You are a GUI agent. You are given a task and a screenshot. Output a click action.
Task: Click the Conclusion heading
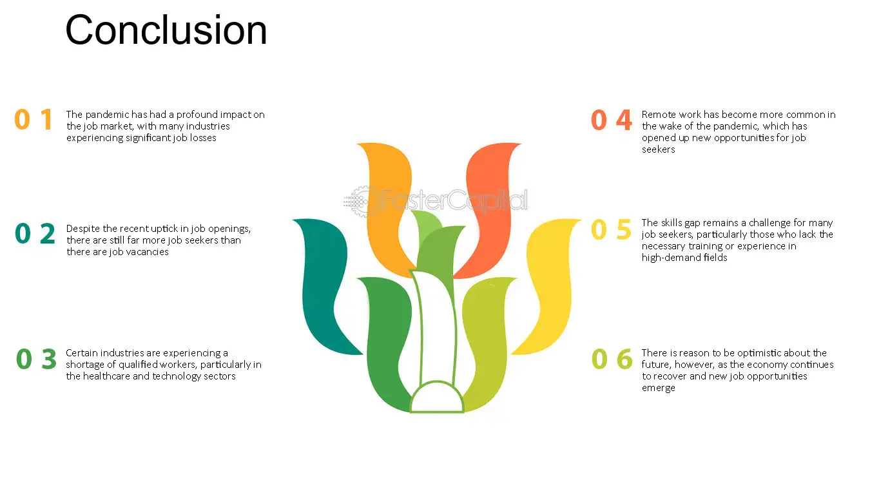166,30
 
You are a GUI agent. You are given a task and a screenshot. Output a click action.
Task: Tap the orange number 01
34,119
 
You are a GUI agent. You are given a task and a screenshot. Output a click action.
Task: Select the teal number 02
35,233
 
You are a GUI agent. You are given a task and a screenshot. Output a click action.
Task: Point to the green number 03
36,358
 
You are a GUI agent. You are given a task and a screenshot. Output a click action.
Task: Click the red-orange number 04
612,120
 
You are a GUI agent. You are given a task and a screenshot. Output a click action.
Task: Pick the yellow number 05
611,229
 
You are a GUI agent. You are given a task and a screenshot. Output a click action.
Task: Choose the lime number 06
612,358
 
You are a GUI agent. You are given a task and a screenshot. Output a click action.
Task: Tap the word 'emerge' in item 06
659,388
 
